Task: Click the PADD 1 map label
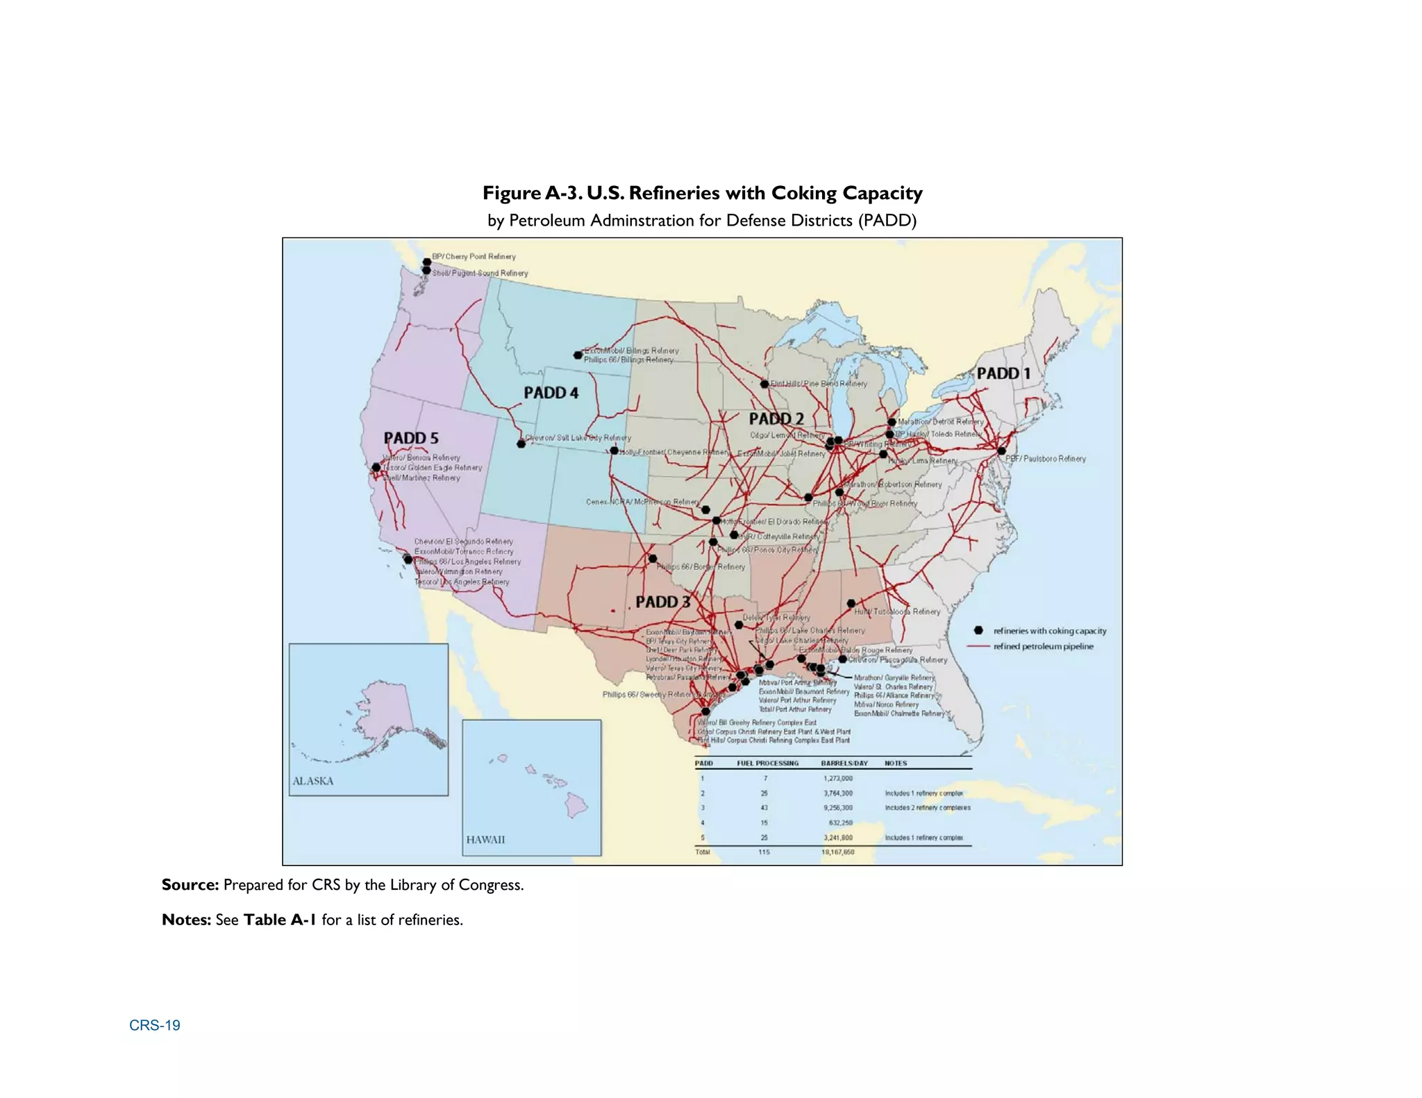[x=1003, y=373]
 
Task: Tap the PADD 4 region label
[x=551, y=393]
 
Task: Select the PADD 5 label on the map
[x=411, y=438]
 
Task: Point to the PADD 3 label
[x=663, y=602]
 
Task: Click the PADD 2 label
[x=776, y=419]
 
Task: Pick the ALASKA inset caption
[x=312, y=781]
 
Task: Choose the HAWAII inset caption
[x=485, y=840]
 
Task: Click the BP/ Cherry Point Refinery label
[x=474, y=257]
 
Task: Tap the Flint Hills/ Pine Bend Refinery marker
[x=764, y=384]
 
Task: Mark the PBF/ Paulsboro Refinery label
[x=1046, y=459]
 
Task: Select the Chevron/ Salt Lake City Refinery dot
[x=521, y=444]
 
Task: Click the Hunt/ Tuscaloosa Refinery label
[x=897, y=611]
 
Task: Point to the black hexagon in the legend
[x=978, y=630]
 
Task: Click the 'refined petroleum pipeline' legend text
[x=1043, y=646]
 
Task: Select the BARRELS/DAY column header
[x=844, y=763]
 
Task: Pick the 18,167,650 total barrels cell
[x=837, y=852]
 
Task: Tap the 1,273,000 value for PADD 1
[x=837, y=778]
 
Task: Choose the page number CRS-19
[x=155, y=1025]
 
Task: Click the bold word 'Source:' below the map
[x=190, y=885]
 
